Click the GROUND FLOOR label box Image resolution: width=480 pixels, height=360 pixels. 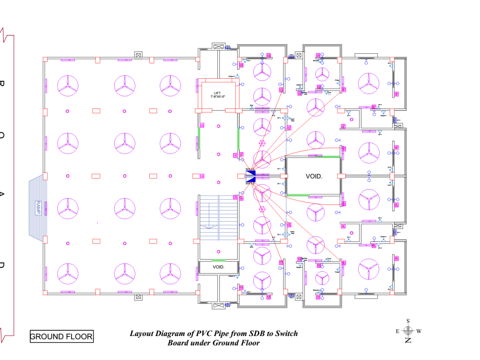click(61, 336)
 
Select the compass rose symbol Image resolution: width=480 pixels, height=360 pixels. click(408, 330)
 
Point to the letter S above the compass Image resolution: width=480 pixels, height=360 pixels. click(408, 321)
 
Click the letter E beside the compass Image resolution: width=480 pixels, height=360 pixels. click(397, 331)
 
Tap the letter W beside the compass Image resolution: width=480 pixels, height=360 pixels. click(419, 331)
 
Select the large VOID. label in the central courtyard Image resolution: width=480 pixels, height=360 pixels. click(314, 176)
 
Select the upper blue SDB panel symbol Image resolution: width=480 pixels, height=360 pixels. click(250, 173)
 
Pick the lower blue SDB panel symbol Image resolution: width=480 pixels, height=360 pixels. click(250, 180)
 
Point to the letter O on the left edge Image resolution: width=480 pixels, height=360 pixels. click(2, 136)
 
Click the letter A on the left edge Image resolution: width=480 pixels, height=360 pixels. click(2, 196)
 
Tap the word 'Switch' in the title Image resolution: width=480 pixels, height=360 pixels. click(285, 334)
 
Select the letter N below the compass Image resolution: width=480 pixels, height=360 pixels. click(408, 340)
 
